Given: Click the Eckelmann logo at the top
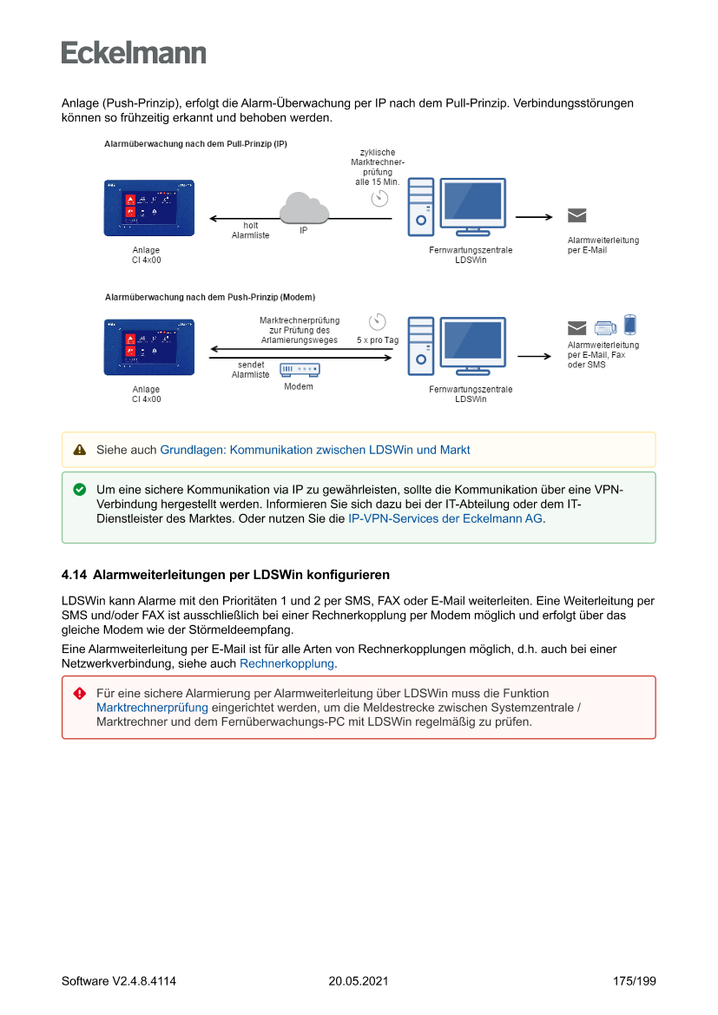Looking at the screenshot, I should [134, 53].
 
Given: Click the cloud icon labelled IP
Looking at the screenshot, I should [304, 209].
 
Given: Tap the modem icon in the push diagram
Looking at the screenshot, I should [300, 371].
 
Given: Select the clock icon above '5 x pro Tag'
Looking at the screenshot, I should [378, 321].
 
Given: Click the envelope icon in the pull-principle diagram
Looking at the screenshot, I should [576, 216].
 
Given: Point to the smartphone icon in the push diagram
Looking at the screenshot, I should [630, 325].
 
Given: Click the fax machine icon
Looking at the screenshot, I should [605, 327].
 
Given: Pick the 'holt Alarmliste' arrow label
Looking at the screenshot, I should [250, 230].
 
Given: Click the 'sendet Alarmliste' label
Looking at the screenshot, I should [250, 370].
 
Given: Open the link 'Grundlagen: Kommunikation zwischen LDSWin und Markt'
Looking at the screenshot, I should [315, 450].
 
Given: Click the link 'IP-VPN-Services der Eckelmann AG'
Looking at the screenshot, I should [445, 518].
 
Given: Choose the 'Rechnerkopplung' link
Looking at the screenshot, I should [287, 663].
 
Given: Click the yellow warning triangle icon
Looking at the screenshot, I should [80, 450].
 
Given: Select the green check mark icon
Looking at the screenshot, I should [80, 490].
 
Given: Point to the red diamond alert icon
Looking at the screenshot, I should [80, 693].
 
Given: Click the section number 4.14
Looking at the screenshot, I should [74, 575].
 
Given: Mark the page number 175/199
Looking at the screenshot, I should [634, 981].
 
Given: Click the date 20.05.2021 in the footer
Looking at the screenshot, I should [359, 981].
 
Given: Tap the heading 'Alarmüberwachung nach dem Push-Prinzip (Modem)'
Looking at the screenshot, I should [209, 297].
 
